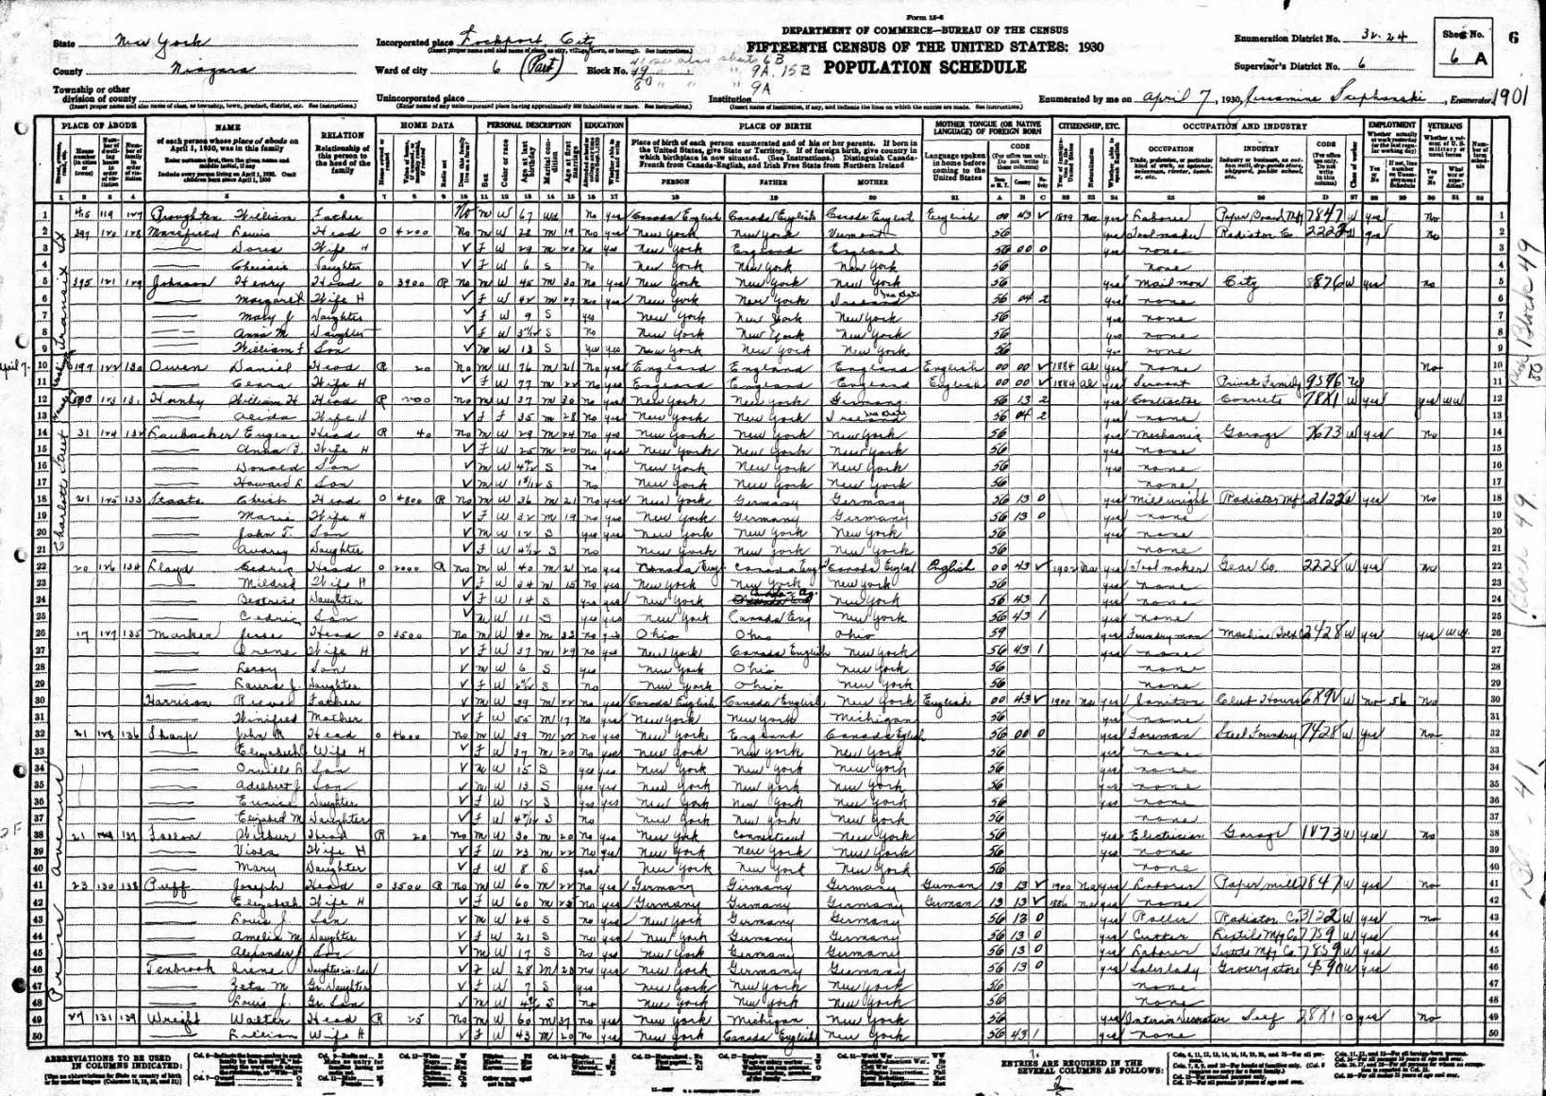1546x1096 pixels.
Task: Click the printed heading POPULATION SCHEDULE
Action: coord(924,68)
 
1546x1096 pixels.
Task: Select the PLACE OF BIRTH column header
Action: coord(774,126)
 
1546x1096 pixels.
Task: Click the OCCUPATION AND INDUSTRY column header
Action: coord(1245,126)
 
